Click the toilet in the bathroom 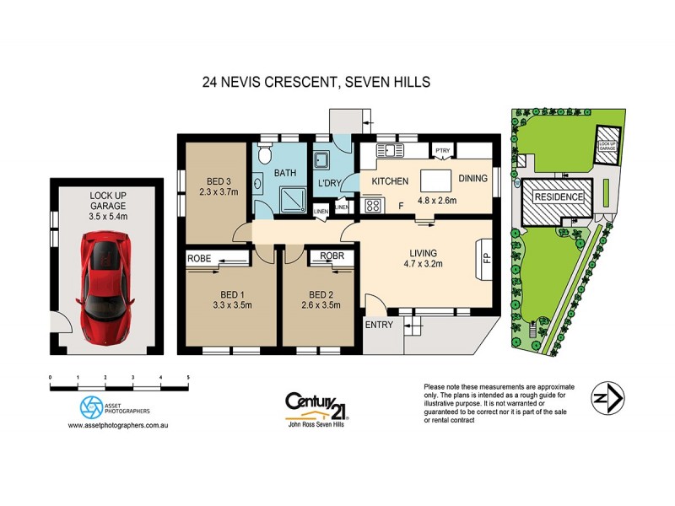point(264,155)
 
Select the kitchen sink point(391,150)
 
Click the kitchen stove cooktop point(372,204)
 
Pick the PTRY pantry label point(442,152)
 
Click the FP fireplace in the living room point(486,252)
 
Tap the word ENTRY point(379,325)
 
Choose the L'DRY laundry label point(327,183)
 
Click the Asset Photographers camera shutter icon point(91,407)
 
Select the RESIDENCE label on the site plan point(558,196)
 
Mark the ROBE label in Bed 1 point(199,258)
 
